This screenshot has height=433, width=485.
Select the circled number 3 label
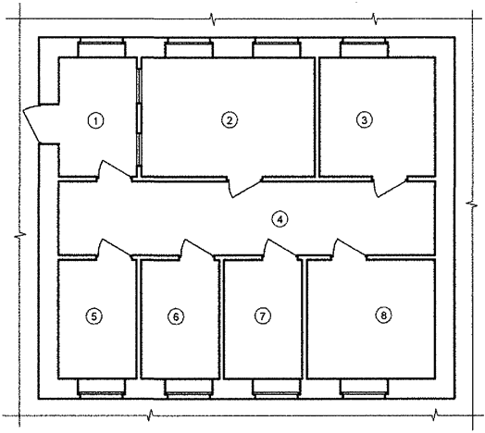coord(365,119)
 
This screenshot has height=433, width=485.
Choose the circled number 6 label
coord(176,315)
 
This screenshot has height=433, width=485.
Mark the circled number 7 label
coord(263,315)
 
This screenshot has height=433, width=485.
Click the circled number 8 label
coord(382,315)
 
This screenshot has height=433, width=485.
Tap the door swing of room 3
coord(389,185)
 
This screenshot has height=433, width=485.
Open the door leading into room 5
coord(113,248)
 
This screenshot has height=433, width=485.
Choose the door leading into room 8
coord(350,248)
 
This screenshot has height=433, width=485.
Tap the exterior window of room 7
coord(276,386)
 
